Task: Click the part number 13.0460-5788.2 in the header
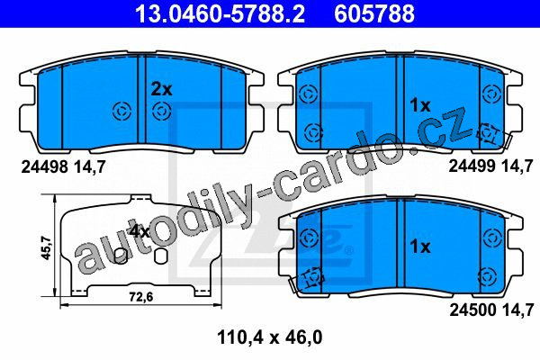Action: click(220, 13)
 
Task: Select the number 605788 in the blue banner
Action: click(374, 13)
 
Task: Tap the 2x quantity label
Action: click(161, 90)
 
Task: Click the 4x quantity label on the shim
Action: click(139, 232)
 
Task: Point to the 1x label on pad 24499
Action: click(420, 105)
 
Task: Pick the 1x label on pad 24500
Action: click(420, 247)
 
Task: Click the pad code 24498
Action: click(44, 167)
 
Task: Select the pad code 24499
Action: click(472, 166)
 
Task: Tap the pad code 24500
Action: click(472, 310)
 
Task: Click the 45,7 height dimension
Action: click(46, 247)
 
